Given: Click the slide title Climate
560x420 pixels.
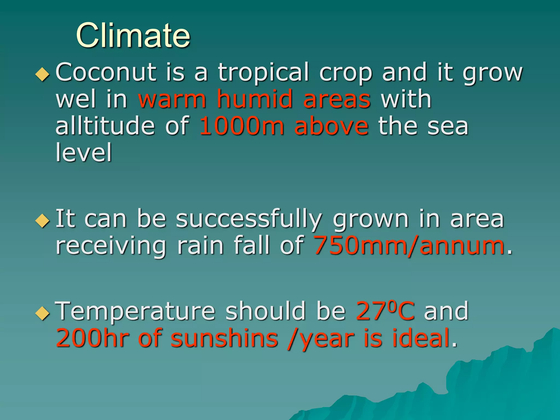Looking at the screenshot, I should (x=133, y=36).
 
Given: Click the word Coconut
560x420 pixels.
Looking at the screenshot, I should (x=106, y=72).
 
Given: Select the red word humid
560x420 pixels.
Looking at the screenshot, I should (x=255, y=99).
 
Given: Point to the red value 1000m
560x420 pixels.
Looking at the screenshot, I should (x=241, y=126).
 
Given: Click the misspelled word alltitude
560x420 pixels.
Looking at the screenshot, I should (x=105, y=126).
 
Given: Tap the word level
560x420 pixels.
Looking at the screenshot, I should (x=84, y=152).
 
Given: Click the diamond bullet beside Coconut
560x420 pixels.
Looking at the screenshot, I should (x=43, y=74).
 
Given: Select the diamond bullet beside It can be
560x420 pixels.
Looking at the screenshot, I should (x=43, y=220).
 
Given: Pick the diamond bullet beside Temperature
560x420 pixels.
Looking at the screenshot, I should (x=43, y=313).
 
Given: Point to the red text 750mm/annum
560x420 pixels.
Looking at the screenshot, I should (x=409, y=245).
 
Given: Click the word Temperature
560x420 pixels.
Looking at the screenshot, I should (x=135, y=311).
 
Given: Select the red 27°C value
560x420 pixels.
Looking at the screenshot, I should (x=385, y=311).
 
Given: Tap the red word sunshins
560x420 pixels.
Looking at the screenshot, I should (x=224, y=338).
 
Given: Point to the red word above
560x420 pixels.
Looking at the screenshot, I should (x=331, y=126).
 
